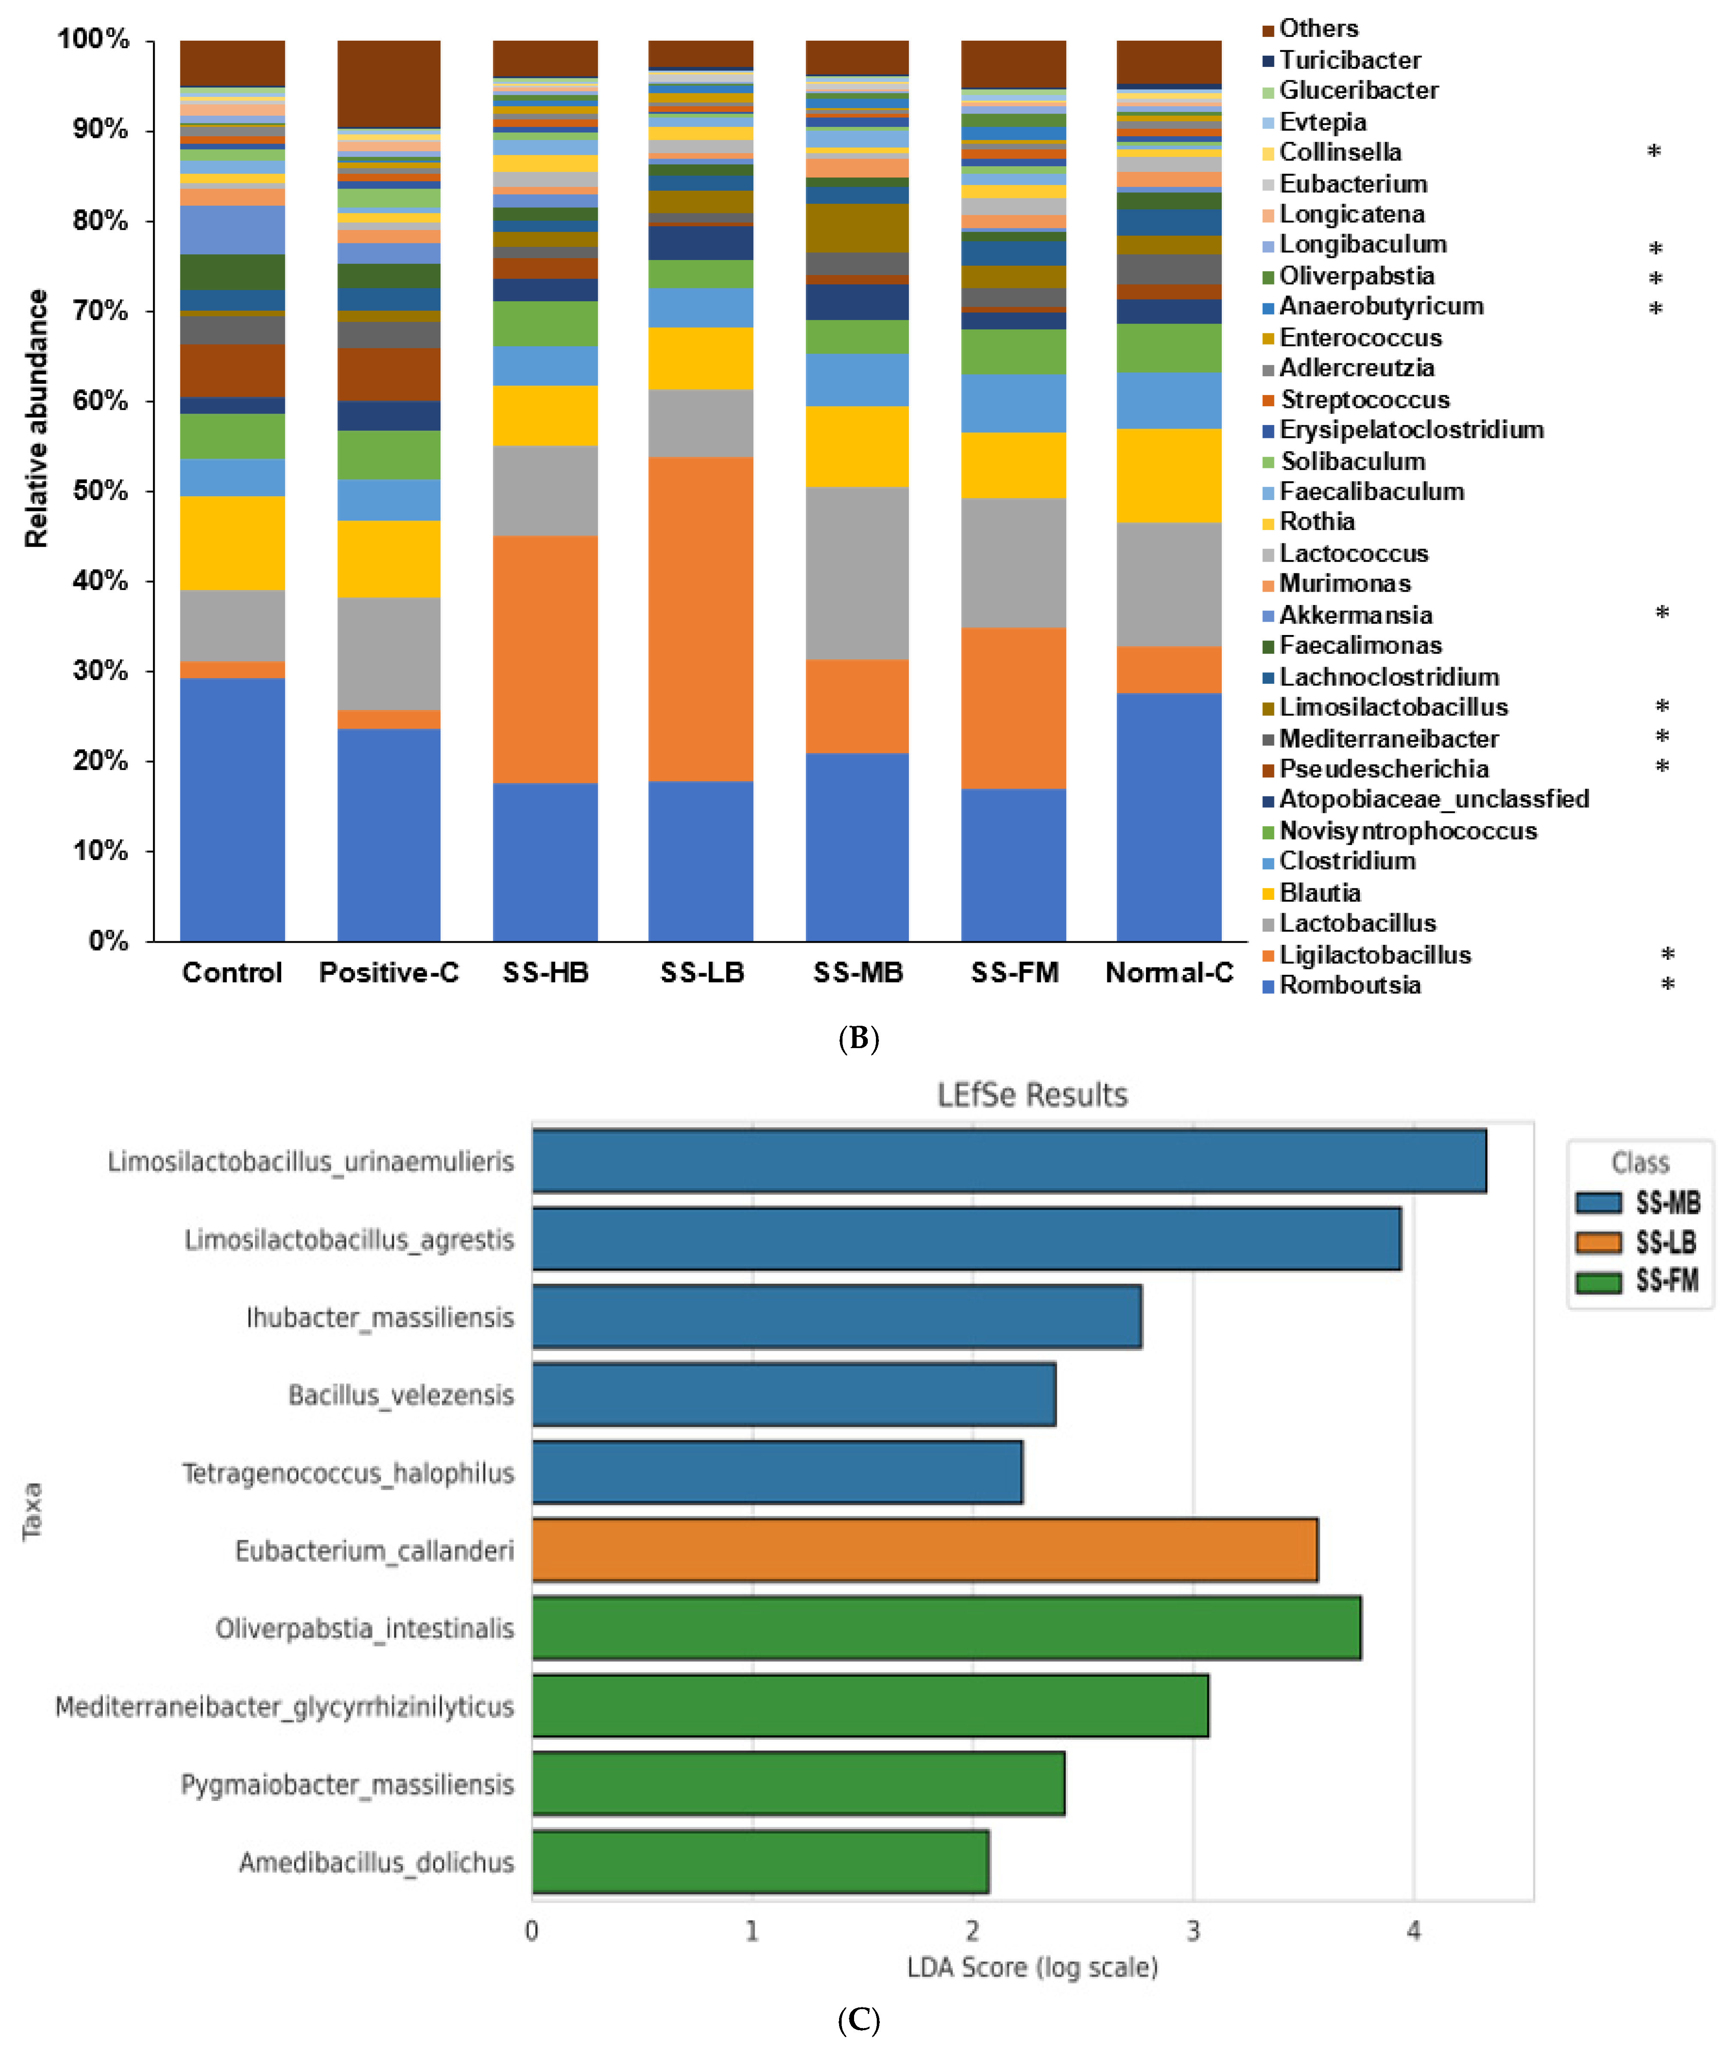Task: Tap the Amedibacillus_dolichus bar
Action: [760, 1862]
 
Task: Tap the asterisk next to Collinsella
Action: [1653, 152]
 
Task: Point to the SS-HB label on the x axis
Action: [545, 973]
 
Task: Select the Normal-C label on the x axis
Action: [1169, 973]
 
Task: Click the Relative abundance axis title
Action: [36, 419]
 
